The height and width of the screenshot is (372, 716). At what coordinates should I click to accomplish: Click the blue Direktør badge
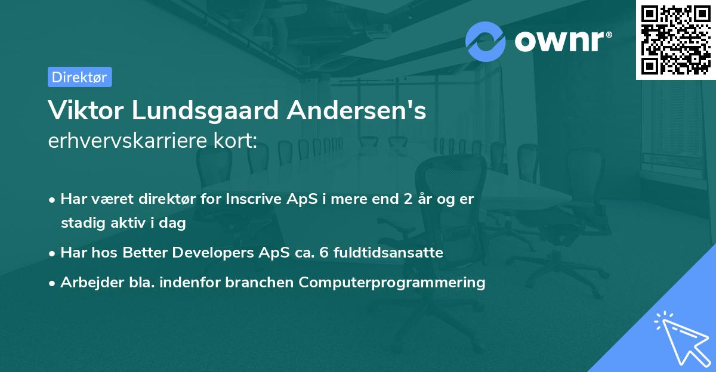click(80, 77)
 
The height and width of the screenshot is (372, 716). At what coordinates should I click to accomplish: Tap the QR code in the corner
click(675, 40)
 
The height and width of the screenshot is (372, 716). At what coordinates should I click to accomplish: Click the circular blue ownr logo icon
click(485, 42)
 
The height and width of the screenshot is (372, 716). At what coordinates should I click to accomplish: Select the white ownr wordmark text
click(560, 42)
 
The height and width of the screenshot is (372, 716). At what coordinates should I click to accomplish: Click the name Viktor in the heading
click(86, 110)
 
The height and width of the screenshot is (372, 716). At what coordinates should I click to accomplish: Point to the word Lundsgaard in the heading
click(205, 111)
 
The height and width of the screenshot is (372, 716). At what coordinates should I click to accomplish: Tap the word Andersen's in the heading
click(356, 110)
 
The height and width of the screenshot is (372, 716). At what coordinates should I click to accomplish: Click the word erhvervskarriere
click(128, 141)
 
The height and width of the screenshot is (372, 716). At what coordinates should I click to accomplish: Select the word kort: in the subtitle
click(235, 141)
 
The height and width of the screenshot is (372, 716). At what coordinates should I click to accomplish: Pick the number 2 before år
click(408, 199)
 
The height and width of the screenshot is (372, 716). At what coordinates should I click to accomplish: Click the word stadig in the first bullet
click(83, 223)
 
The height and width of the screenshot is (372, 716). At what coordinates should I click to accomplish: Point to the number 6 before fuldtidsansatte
click(324, 253)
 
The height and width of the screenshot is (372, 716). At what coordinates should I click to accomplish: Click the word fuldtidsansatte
click(388, 253)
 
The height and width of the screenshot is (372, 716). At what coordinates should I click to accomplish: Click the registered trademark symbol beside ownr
click(609, 35)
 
